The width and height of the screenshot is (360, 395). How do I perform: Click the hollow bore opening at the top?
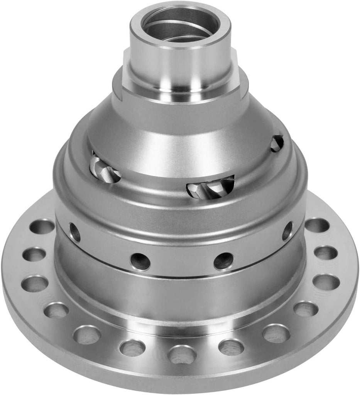pos(180,24)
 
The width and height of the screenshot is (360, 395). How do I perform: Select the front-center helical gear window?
pos(211,187)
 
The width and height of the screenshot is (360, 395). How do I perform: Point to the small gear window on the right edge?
pos(277,143)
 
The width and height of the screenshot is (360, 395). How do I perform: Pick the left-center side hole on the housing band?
pos(140,261)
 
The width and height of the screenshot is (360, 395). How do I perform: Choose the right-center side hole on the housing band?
pos(223,261)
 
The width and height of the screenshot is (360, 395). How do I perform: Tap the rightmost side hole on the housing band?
pos(287,231)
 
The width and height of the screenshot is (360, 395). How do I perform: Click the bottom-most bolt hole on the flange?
pos(182,354)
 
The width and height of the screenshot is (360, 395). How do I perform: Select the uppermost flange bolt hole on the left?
pos(42,227)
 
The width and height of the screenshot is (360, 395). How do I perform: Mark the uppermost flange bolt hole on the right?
pos(317,225)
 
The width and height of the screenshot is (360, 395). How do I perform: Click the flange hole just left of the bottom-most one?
pos(132,348)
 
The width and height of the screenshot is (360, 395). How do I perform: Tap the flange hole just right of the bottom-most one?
pos(231,347)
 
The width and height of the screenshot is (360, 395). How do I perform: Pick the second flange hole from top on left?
pos(34,254)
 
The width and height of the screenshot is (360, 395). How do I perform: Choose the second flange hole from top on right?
pos(326,253)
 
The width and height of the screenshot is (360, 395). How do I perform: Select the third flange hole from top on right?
pos(326,282)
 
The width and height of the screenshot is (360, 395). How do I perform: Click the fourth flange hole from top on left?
pos(56,310)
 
